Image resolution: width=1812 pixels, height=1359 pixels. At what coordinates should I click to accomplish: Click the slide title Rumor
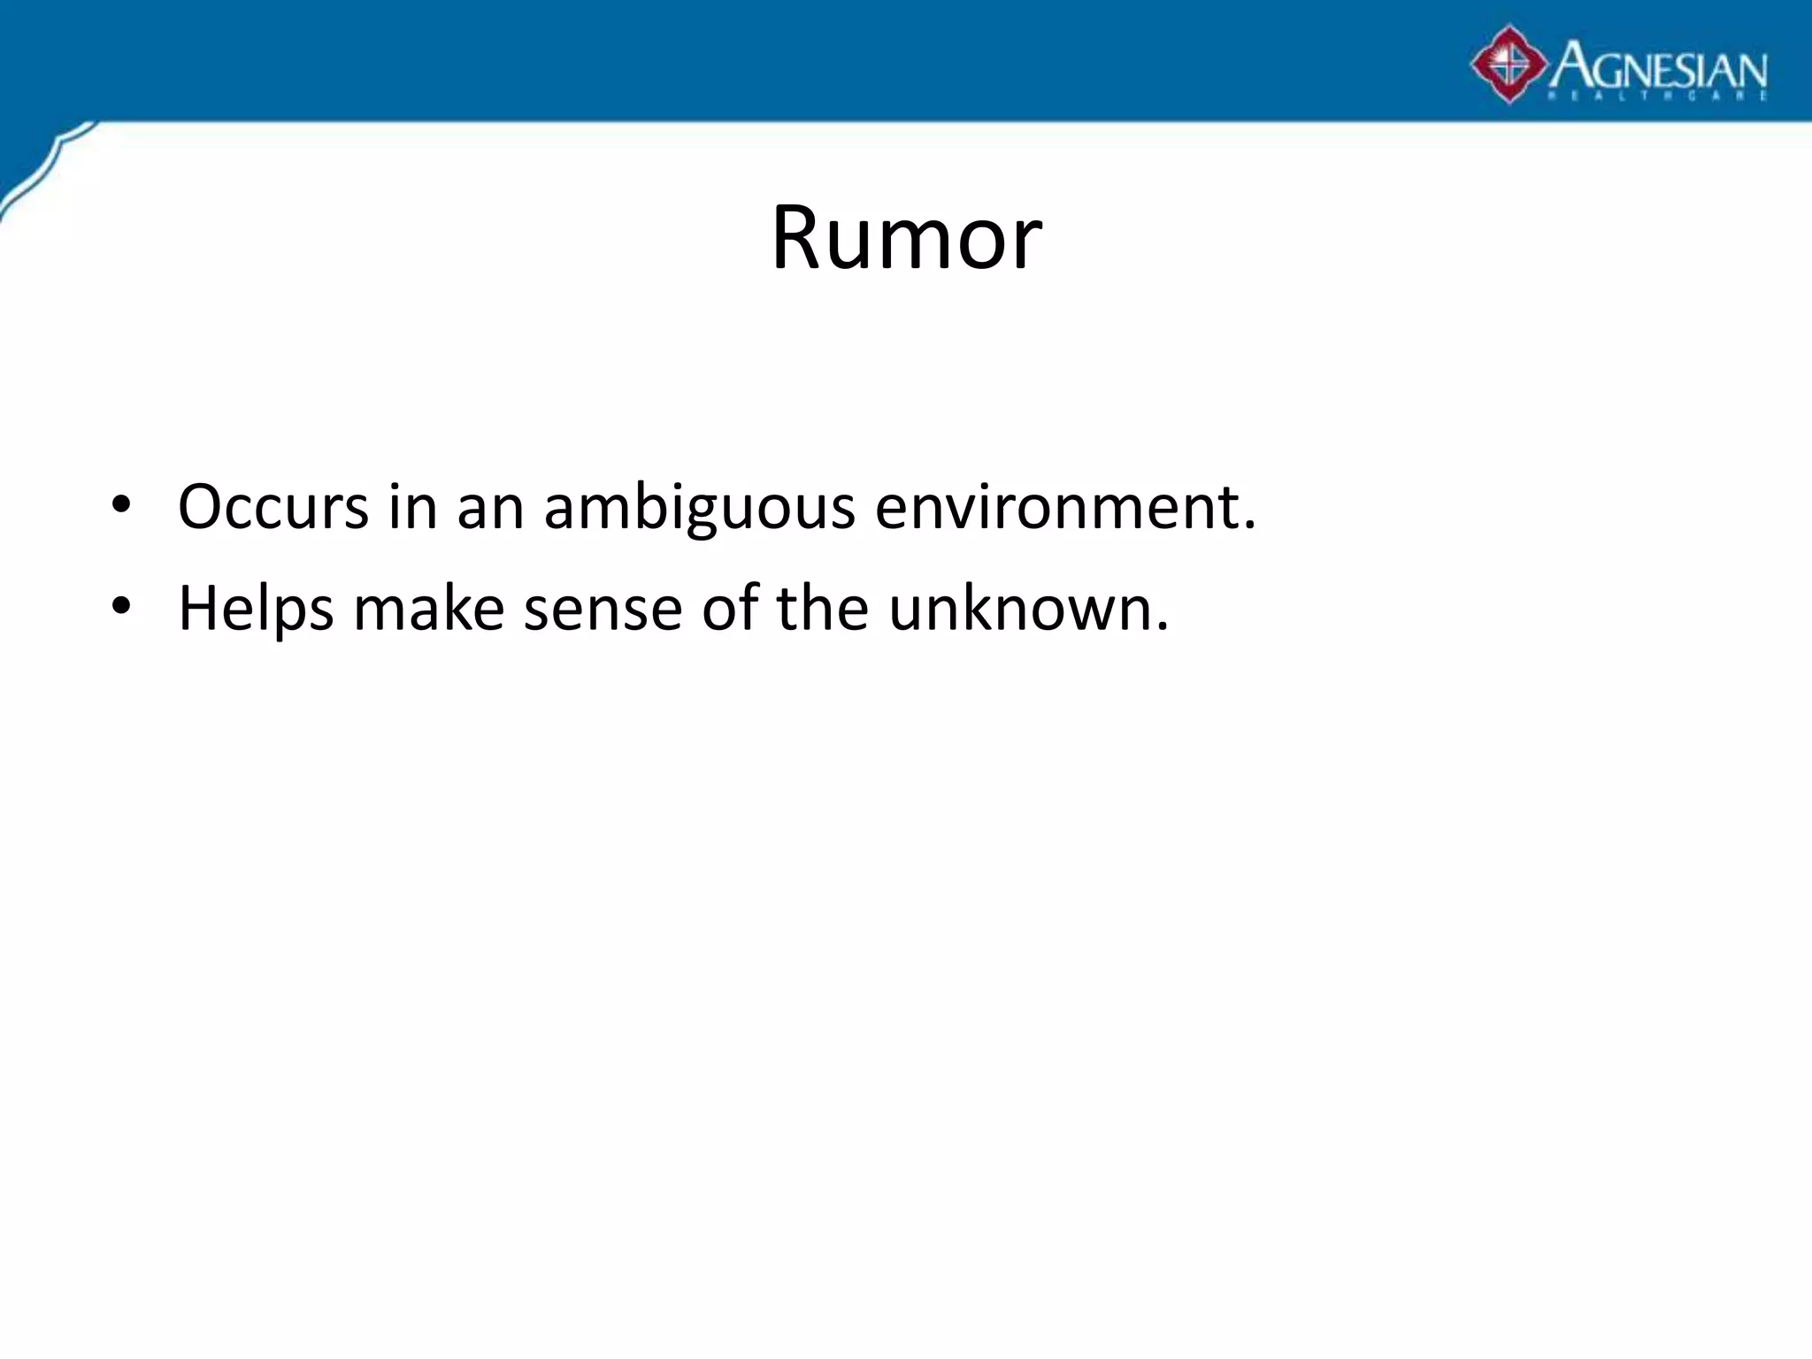(x=906, y=238)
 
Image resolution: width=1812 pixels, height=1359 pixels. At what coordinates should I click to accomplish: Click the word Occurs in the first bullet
(x=273, y=508)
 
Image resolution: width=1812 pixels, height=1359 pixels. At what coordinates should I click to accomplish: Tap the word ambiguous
(x=699, y=510)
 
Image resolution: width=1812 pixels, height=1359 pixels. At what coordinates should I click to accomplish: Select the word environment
(x=1056, y=508)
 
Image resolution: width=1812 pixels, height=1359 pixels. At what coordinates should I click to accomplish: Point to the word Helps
(x=256, y=610)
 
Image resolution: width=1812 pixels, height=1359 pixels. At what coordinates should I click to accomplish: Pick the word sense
(x=603, y=610)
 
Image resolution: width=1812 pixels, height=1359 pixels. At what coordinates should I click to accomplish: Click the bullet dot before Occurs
(x=121, y=506)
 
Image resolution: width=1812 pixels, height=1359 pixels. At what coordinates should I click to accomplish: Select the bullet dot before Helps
(x=121, y=607)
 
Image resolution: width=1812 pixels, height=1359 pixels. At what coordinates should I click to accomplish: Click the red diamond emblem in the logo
(x=1509, y=64)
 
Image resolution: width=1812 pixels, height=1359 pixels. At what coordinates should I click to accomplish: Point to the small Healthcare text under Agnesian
(x=1655, y=96)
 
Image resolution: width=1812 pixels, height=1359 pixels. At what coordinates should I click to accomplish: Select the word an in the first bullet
(x=490, y=510)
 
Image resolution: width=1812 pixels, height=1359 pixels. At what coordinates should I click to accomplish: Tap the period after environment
(x=1248, y=527)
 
